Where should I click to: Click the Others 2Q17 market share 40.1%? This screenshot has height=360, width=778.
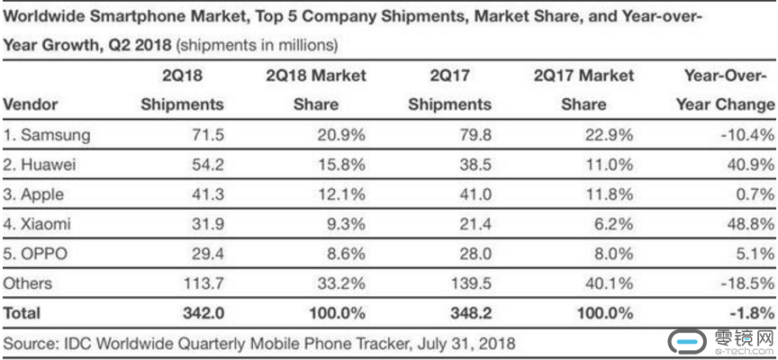(611, 283)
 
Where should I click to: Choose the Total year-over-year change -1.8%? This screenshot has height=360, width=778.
(752, 313)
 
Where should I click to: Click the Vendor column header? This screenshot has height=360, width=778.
(31, 104)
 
